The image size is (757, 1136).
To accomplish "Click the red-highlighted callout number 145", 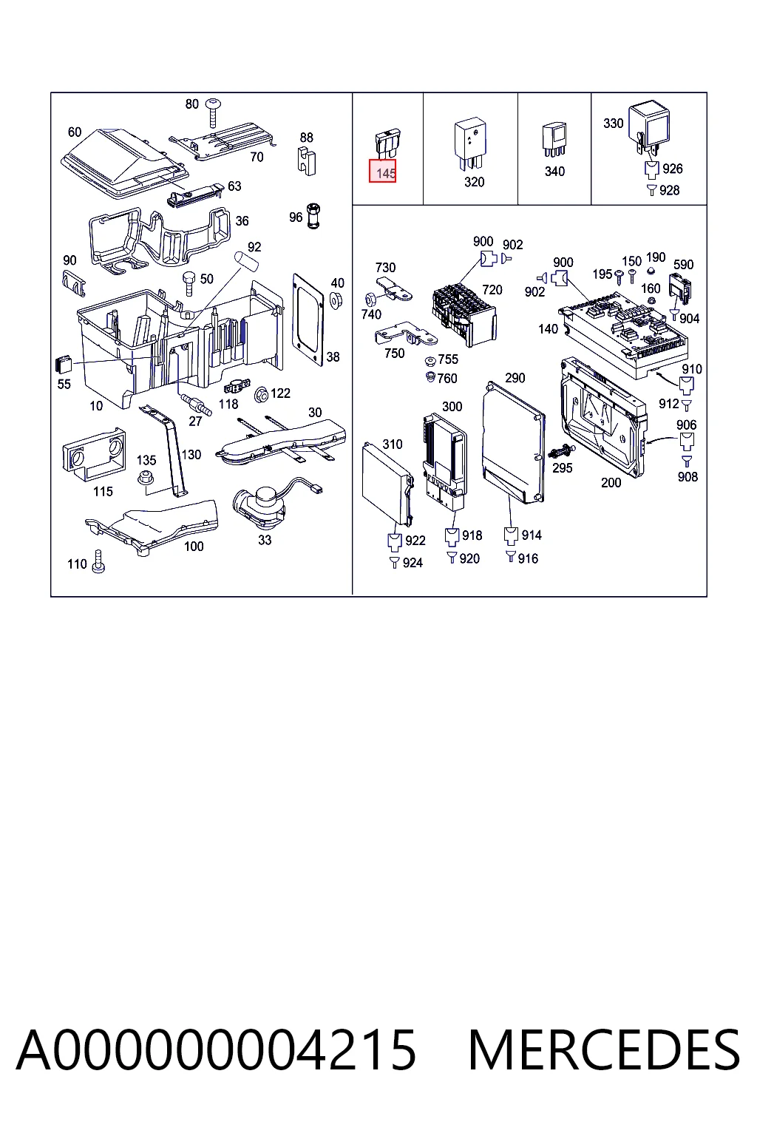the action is (x=382, y=171).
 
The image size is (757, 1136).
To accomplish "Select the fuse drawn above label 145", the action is (x=387, y=144).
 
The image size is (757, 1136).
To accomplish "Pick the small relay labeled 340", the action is (x=554, y=140).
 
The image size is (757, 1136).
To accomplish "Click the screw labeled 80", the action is (x=213, y=112).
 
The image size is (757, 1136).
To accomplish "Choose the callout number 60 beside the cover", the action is (x=75, y=132).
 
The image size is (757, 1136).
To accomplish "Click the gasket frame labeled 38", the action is (x=308, y=319).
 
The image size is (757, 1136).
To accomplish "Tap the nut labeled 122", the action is (x=262, y=394).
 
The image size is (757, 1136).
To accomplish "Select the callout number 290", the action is (x=515, y=378).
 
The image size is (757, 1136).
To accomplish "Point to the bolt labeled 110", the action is (x=98, y=561).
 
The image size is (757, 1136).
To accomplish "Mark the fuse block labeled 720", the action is (x=464, y=314).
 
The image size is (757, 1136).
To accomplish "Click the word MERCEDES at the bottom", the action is (x=604, y=1049).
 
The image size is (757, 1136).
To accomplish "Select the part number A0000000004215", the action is (x=216, y=1049).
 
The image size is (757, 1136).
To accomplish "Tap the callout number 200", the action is (x=611, y=483).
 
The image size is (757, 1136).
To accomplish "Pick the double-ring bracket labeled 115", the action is (x=95, y=455).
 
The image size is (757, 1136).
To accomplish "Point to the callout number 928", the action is (x=669, y=190).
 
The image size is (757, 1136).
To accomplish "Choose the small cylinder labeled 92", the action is (x=246, y=260).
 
